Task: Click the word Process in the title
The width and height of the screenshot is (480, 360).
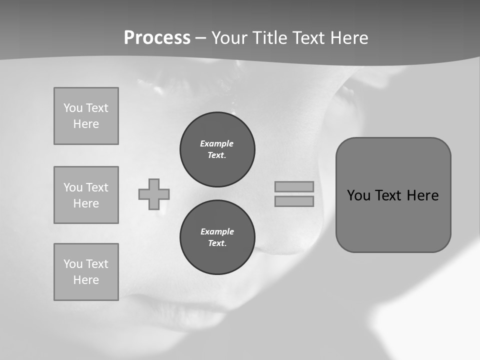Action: (x=157, y=38)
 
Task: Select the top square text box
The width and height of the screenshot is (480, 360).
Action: (x=86, y=116)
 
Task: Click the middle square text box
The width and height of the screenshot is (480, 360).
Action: (x=86, y=195)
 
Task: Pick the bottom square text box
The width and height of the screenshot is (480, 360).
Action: (x=86, y=272)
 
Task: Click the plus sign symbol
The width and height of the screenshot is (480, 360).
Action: (x=154, y=194)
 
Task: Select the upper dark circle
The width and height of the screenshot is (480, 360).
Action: (x=217, y=149)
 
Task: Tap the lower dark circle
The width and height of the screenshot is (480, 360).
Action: (x=217, y=237)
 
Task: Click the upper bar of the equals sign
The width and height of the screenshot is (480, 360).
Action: (x=294, y=186)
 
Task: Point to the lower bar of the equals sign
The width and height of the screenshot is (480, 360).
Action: (x=294, y=201)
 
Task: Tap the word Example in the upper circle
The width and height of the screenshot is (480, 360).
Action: (x=217, y=143)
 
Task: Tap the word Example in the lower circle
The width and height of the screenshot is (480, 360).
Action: (x=217, y=231)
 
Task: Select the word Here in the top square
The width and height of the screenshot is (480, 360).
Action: (x=86, y=124)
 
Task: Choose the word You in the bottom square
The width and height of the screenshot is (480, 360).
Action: (x=73, y=264)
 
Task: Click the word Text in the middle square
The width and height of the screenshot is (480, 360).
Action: (x=97, y=187)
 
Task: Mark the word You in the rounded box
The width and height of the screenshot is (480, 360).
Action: (x=358, y=195)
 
